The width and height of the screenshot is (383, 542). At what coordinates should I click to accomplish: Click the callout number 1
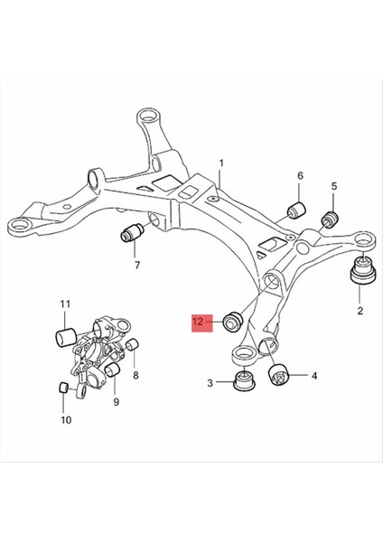tap(220, 164)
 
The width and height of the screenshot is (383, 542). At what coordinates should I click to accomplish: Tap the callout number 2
tap(360, 311)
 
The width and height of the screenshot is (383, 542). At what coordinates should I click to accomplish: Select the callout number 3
tap(209, 383)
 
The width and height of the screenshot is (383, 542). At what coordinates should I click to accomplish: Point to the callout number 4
tap(313, 375)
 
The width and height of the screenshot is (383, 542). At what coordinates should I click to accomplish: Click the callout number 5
tap(333, 186)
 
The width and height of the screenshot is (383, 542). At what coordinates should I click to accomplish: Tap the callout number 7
tap(136, 266)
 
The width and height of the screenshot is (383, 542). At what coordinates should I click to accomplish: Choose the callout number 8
tap(135, 373)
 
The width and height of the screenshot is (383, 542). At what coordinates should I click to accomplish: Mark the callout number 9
tap(116, 401)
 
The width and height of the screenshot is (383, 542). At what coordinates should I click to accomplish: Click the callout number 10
tap(65, 420)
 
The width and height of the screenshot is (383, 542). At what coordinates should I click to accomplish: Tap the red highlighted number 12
tap(200, 321)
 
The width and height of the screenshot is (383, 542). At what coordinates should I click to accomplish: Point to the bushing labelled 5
tap(330, 217)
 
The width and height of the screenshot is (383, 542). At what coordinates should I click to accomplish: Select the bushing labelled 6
tap(294, 211)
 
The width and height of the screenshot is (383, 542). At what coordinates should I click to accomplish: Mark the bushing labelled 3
tap(243, 379)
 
